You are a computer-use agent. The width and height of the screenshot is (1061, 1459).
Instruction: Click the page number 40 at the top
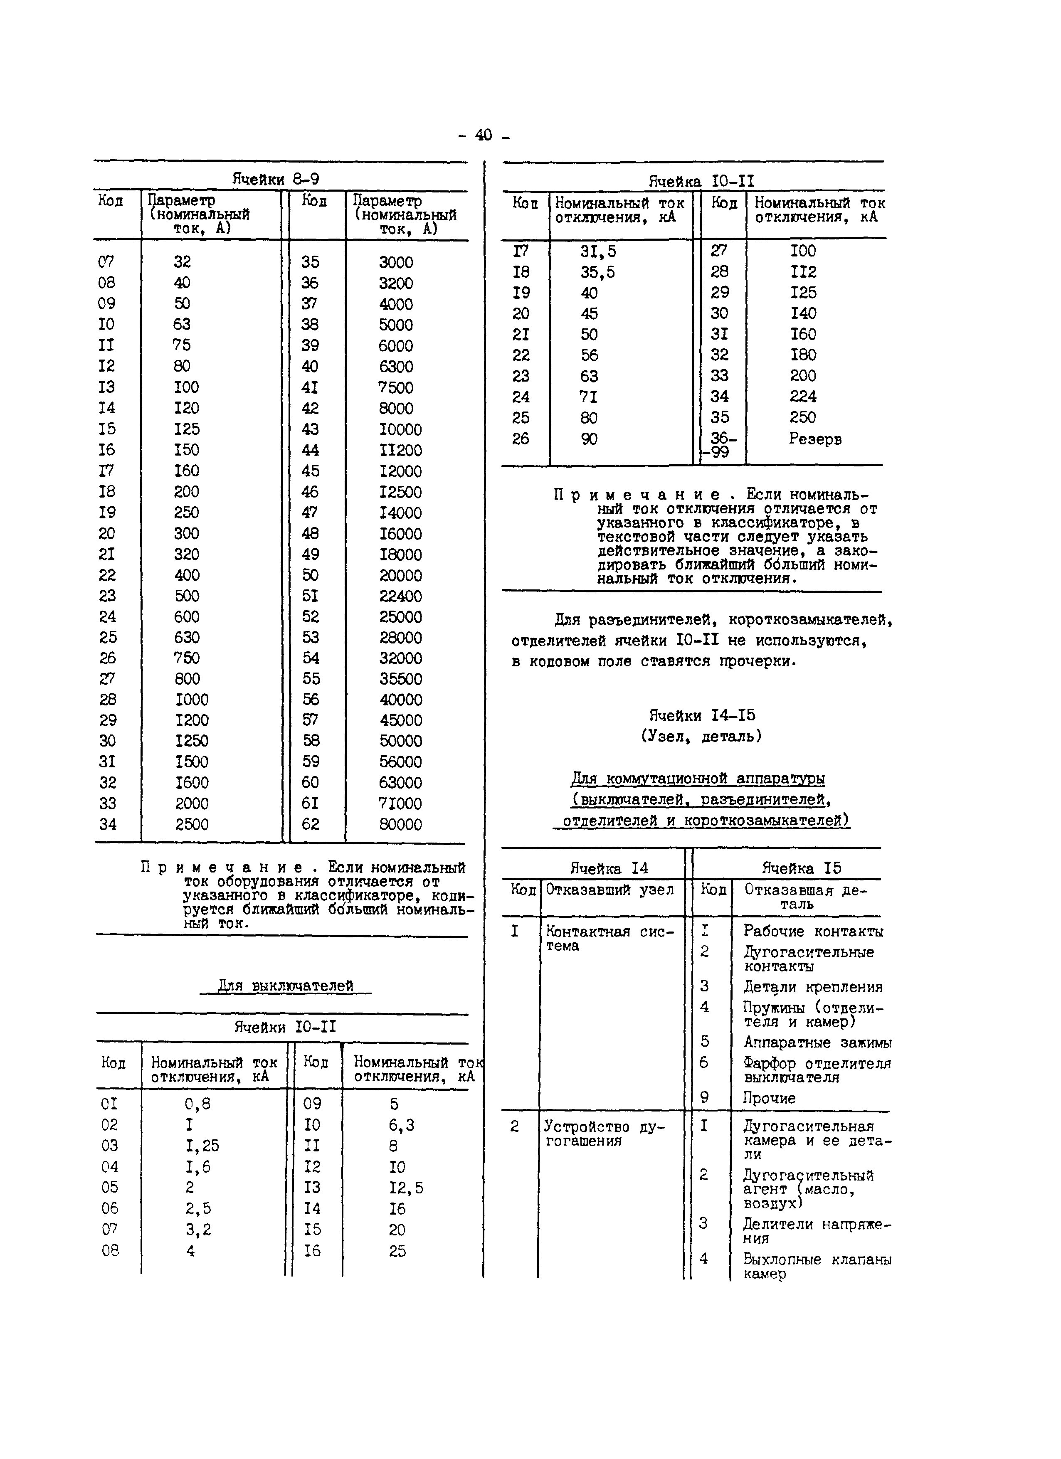[x=483, y=135]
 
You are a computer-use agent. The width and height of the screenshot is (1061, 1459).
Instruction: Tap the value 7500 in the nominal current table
[x=396, y=387]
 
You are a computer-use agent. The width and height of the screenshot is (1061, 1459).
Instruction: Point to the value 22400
[x=400, y=596]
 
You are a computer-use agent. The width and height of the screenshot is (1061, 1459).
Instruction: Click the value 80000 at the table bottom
[x=400, y=824]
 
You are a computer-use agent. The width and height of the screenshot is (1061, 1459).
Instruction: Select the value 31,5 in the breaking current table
[x=598, y=251]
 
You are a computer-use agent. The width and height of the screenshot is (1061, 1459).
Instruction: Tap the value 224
[x=803, y=396]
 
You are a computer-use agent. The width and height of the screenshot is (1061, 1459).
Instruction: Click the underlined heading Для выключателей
[x=286, y=986]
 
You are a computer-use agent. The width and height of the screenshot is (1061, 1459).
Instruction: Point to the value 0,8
[x=197, y=1104]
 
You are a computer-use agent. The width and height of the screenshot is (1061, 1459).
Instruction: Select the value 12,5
[x=406, y=1188]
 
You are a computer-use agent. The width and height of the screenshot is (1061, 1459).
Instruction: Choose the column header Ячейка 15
[x=801, y=868]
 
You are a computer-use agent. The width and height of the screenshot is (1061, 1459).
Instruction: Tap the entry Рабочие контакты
[x=813, y=932]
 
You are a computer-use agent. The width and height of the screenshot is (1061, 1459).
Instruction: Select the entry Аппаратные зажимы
[x=817, y=1042]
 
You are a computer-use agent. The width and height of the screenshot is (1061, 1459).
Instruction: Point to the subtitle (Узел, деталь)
[x=701, y=736]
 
